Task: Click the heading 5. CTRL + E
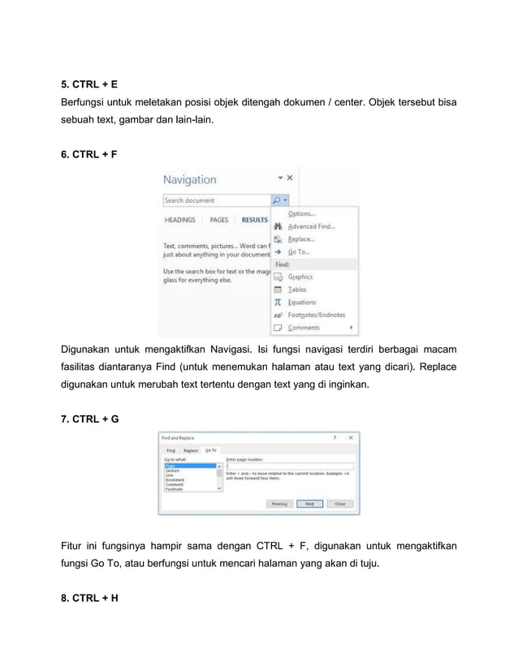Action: [x=90, y=84]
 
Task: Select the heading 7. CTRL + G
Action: [x=91, y=419]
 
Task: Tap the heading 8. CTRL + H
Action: [x=90, y=599]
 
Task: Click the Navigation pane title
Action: [x=190, y=180]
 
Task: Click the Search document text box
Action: [x=216, y=200]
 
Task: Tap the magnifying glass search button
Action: [x=276, y=200]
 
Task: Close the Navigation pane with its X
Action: [x=290, y=177]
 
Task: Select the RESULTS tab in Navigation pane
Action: [x=254, y=220]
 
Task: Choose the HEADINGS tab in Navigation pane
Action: [x=180, y=220]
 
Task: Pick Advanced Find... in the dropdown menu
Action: [x=311, y=227]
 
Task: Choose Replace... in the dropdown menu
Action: [x=301, y=239]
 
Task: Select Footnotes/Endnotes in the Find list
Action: [x=317, y=315]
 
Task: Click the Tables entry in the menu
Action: [x=297, y=290]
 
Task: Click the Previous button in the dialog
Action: [x=280, y=503]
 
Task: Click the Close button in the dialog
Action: [x=339, y=503]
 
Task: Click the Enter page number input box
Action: [x=288, y=466]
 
